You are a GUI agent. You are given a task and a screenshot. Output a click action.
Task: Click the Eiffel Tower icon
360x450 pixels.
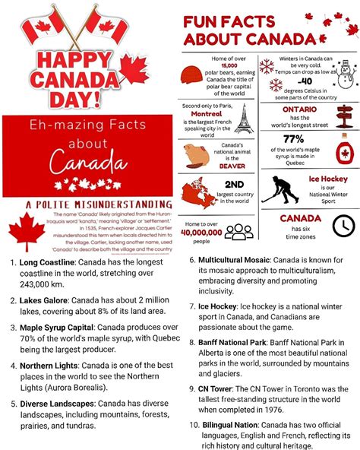(x=243, y=118)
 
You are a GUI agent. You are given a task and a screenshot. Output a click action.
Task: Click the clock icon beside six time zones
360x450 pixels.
(x=344, y=225)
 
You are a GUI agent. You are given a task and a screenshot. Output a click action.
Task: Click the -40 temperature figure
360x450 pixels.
(x=304, y=81)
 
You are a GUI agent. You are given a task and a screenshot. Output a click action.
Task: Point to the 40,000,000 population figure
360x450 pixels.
(x=202, y=233)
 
